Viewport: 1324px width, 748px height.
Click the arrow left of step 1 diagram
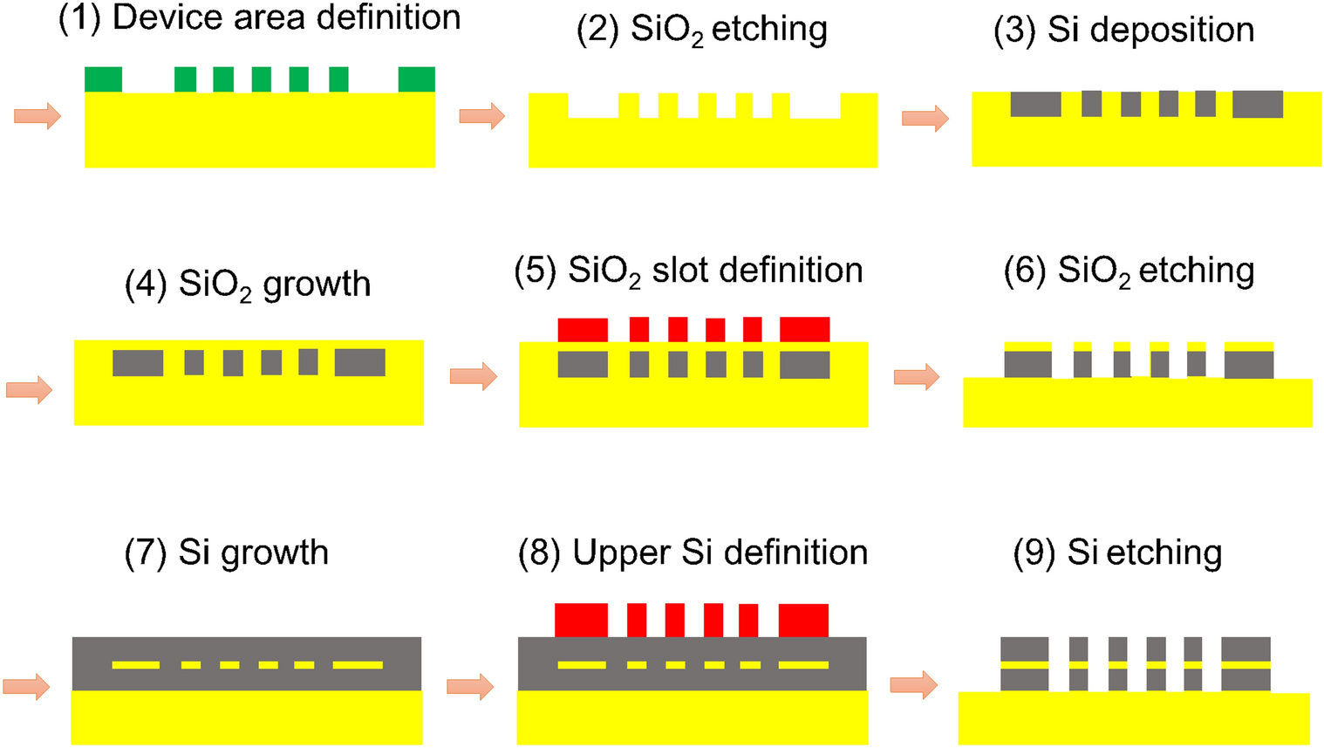pos(38,115)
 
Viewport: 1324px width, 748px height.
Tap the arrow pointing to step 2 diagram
pos(481,115)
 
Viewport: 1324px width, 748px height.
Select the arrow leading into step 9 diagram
pos(913,684)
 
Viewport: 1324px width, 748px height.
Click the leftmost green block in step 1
pos(103,79)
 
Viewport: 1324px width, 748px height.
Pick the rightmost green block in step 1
pos(416,79)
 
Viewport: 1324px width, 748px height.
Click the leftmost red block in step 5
pos(583,330)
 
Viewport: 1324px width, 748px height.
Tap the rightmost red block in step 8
pos(803,620)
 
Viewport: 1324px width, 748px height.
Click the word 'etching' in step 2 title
pos(769,30)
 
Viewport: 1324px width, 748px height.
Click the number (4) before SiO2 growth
pos(147,285)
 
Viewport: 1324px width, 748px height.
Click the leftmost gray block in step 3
pos(1035,104)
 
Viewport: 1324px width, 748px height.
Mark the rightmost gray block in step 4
pos(359,362)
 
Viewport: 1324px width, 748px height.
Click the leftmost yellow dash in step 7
pos(136,665)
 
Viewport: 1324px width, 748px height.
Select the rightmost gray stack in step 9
pos(1246,664)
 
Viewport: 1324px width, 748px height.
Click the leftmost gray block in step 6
pos(1027,364)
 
